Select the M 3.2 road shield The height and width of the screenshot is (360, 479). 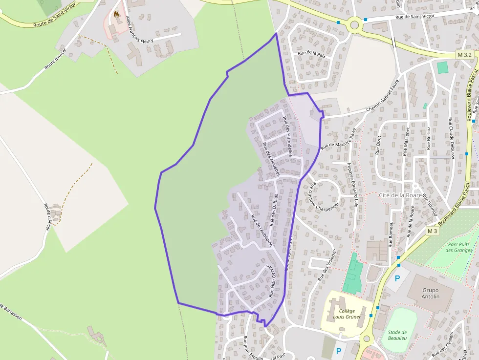click(465, 55)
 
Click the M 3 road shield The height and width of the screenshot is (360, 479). click(432, 231)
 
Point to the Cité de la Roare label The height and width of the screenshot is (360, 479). click(400, 195)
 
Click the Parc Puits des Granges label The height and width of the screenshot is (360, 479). click(458, 247)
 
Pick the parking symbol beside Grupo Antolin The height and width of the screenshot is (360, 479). click(397, 278)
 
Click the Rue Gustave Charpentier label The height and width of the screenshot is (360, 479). click(323, 198)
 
